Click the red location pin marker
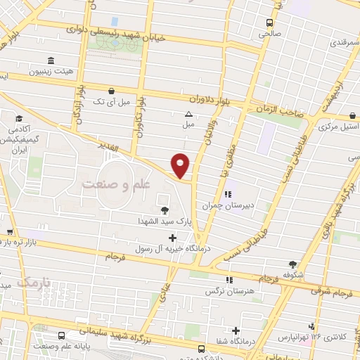click(181, 165)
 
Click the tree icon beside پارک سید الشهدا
click(165, 210)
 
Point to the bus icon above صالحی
click(270, 22)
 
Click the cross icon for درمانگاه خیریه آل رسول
click(172, 238)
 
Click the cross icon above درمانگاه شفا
click(235, 330)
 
